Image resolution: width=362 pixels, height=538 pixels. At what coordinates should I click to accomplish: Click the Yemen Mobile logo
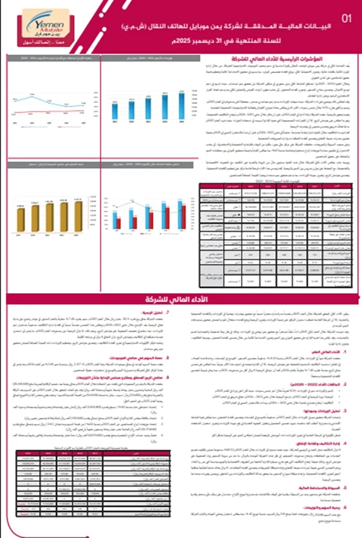coord(36,27)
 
